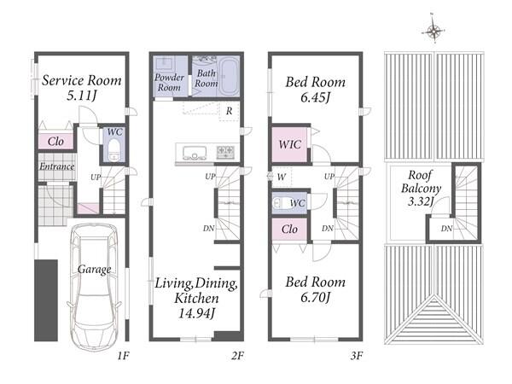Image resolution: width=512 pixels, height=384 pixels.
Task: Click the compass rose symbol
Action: coord(433,30)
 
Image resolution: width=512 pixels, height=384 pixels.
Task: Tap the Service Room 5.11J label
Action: coord(82,88)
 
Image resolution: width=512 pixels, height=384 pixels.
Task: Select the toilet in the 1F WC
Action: coord(113,150)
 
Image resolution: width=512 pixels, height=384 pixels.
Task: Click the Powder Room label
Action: coord(169,82)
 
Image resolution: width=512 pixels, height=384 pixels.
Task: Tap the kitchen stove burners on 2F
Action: coord(225,152)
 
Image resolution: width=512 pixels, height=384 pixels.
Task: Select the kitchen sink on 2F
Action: coord(195,153)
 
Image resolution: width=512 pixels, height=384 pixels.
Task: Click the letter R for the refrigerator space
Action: coord(230,111)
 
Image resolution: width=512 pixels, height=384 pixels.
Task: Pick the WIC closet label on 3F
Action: coord(289,144)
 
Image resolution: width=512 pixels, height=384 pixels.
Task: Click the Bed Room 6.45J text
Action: coord(316,89)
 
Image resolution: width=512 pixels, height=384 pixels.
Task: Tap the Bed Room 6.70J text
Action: coord(316,289)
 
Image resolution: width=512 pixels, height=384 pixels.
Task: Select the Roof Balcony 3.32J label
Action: coord(422,188)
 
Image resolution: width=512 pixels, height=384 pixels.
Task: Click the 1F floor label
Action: coord(123,356)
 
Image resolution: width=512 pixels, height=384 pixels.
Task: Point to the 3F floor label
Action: coord(357,356)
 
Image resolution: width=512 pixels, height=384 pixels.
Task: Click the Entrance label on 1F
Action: coord(57,166)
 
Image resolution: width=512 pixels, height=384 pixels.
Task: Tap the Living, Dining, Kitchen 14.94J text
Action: coord(196,298)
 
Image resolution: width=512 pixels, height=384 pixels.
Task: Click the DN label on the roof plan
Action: coord(446,229)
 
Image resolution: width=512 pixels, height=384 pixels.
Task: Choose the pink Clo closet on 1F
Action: coord(55,141)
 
